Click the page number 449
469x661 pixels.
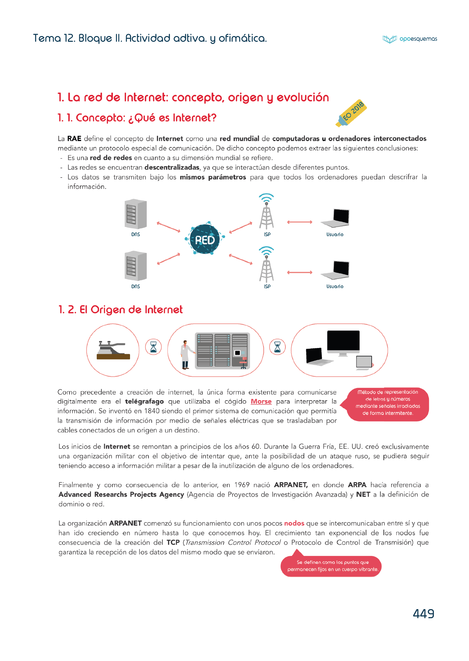(x=423, y=614)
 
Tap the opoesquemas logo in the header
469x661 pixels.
(x=410, y=39)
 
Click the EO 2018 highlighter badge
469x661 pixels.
(x=351, y=114)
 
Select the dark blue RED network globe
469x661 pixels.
(x=205, y=240)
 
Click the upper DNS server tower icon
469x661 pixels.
(x=135, y=214)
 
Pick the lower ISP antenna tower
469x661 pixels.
(x=267, y=266)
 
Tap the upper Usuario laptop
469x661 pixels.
(x=336, y=218)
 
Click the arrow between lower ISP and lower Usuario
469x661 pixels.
(x=300, y=272)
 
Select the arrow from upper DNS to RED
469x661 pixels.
(x=168, y=227)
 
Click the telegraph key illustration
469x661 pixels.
(x=113, y=350)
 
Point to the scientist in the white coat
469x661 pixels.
(x=185, y=354)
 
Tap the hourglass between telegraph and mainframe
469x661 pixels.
(x=153, y=347)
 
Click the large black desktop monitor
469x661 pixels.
(x=343, y=342)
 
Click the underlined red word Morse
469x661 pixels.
(x=261, y=402)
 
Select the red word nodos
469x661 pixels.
(x=294, y=523)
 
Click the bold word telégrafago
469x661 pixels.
(x=144, y=402)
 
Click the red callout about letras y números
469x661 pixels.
(x=388, y=403)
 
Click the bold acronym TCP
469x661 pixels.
(x=173, y=542)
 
